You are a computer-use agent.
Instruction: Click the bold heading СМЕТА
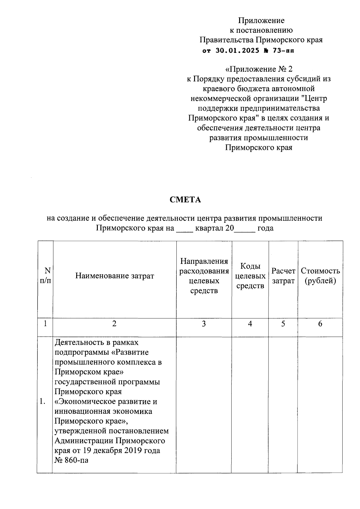click(185, 200)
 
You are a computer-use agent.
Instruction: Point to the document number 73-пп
click(283, 51)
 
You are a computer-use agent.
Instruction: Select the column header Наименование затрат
click(114, 276)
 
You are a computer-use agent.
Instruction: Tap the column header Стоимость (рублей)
click(320, 276)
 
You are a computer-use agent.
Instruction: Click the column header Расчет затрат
click(283, 276)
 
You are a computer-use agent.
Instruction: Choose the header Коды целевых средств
click(250, 276)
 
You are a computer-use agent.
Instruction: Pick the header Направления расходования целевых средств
click(204, 276)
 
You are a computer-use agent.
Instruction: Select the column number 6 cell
click(320, 324)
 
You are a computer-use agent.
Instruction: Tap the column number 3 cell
click(204, 324)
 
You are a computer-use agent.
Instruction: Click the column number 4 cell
click(250, 324)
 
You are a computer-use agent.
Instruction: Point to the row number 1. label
click(42, 402)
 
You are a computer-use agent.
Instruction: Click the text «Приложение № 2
click(259, 69)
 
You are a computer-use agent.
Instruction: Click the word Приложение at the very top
click(261, 20)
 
